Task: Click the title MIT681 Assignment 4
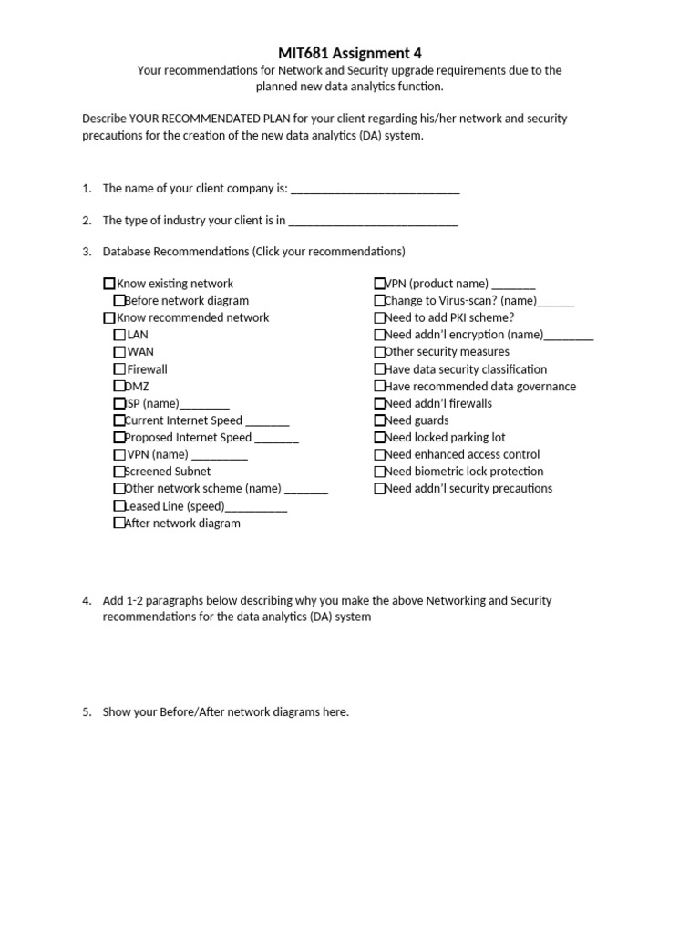tap(349, 53)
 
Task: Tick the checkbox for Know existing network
tap(109, 284)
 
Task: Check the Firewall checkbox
tap(119, 369)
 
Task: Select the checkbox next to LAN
tap(119, 335)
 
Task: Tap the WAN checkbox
tap(119, 352)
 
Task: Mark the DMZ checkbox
tap(119, 386)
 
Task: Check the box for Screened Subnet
tap(119, 472)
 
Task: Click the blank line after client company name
tap(375, 190)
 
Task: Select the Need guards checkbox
tap(379, 420)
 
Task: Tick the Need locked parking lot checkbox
tap(379, 438)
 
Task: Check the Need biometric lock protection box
tap(379, 472)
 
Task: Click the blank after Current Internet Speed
tap(267, 422)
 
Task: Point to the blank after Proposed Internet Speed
tap(276, 440)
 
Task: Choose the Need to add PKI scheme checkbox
tap(379, 318)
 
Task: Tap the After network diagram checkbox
tap(119, 524)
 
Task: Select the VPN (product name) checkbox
tap(379, 284)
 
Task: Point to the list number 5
tap(87, 712)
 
